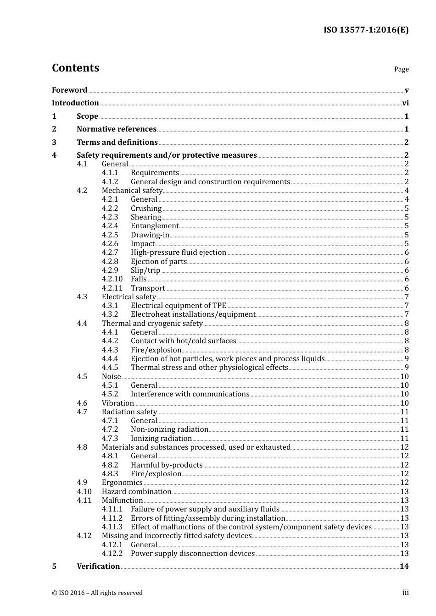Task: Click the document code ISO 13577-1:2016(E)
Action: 366,30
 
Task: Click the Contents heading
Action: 75,68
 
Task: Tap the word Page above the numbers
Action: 401,69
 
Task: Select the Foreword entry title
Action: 69,90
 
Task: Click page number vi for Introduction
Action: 405,103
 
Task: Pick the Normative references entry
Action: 117,129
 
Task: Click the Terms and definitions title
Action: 117,142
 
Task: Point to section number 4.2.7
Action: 110,253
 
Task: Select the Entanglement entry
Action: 154,226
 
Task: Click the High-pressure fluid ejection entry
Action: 178,253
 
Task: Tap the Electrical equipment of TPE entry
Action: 178,306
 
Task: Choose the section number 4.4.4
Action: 110,359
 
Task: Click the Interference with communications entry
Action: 190,394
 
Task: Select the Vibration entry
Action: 117,403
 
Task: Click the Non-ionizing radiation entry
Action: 169,429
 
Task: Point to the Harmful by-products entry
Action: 166,465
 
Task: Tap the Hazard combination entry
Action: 136,491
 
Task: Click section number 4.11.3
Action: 112,527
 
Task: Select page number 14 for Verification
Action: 404,566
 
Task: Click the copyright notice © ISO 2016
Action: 97,593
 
